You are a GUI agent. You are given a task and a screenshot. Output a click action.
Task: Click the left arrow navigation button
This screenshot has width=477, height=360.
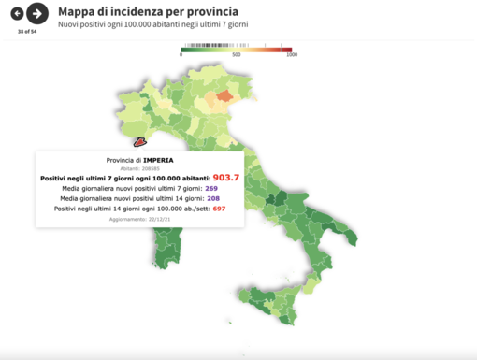(x=17, y=13)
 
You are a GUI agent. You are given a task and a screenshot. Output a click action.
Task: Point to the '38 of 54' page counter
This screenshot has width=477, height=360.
(x=26, y=31)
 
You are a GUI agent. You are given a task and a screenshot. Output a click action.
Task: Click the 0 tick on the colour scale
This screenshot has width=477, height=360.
(x=181, y=54)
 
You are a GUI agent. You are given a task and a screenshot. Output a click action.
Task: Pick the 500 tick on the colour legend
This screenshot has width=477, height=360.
(x=237, y=54)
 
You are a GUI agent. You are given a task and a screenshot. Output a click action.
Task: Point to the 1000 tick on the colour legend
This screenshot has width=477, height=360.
(x=291, y=54)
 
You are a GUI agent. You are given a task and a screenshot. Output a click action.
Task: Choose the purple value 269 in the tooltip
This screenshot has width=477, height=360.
(x=211, y=188)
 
